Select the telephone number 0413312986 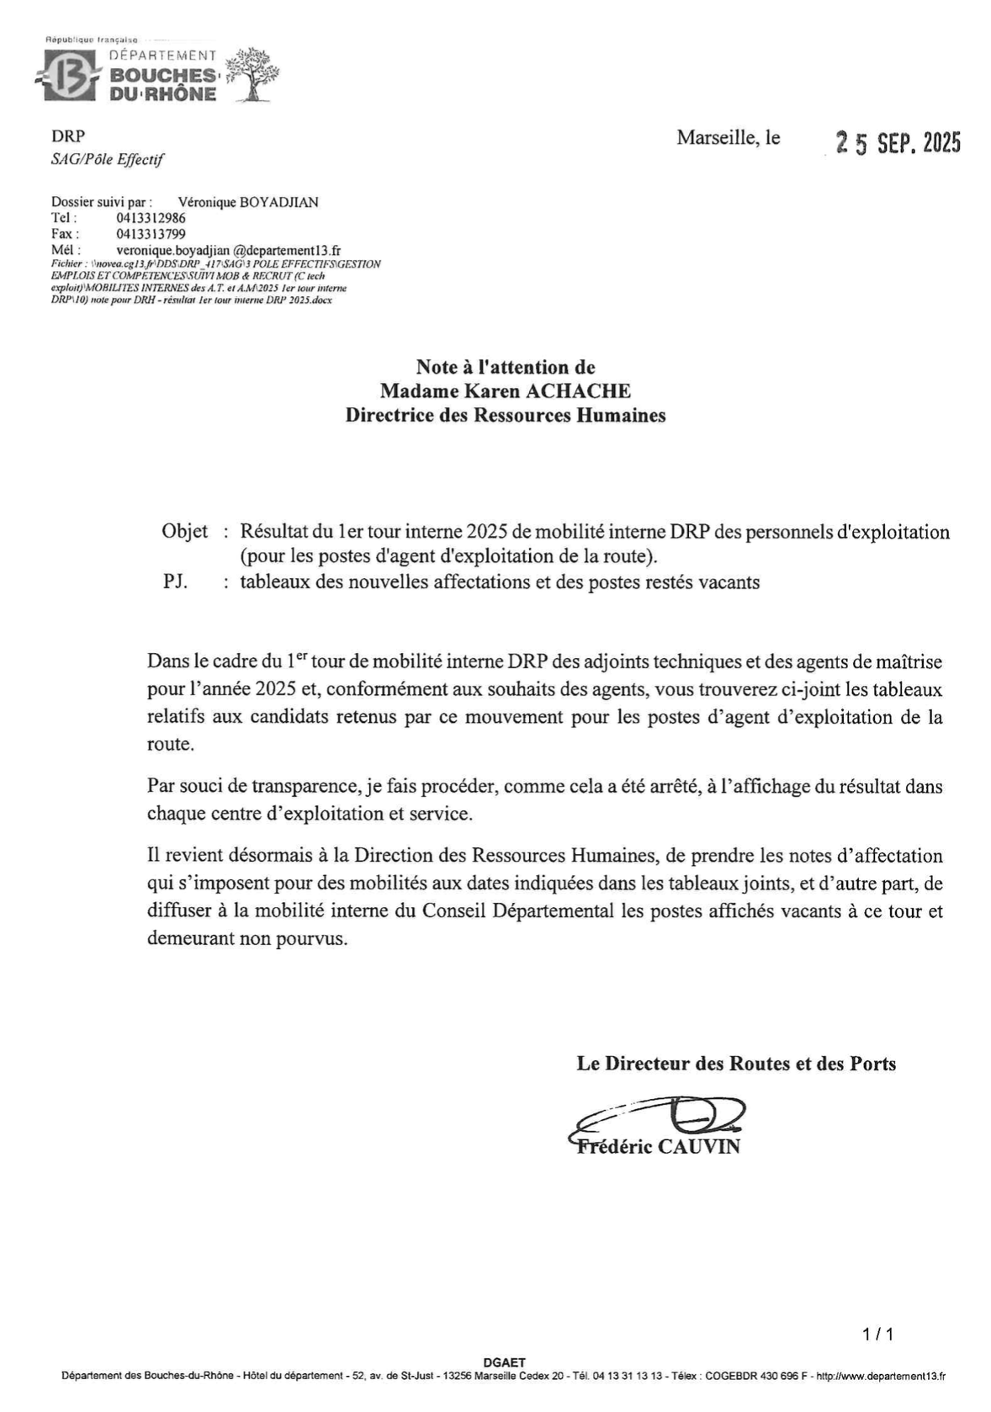point(151,218)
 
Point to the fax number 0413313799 point(151,234)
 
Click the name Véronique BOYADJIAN point(249,202)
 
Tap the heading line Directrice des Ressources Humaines point(505,415)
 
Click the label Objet point(184,532)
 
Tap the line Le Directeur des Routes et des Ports point(736,1064)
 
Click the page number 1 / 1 point(877,1335)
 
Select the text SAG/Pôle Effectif point(108,159)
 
